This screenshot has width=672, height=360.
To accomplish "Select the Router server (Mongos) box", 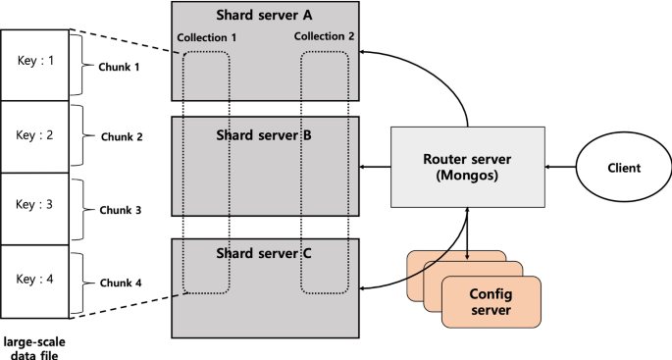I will click(x=468, y=167).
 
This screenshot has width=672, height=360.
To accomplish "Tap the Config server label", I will click(x=491, y=301).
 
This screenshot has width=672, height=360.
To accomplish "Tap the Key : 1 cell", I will click(x=34, y=59).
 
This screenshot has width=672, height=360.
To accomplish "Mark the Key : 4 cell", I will click(x=34, y=278).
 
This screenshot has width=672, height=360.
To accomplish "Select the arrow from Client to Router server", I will click(x=559, y=168).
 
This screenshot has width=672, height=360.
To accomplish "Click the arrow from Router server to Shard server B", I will click(x=376, y=169).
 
